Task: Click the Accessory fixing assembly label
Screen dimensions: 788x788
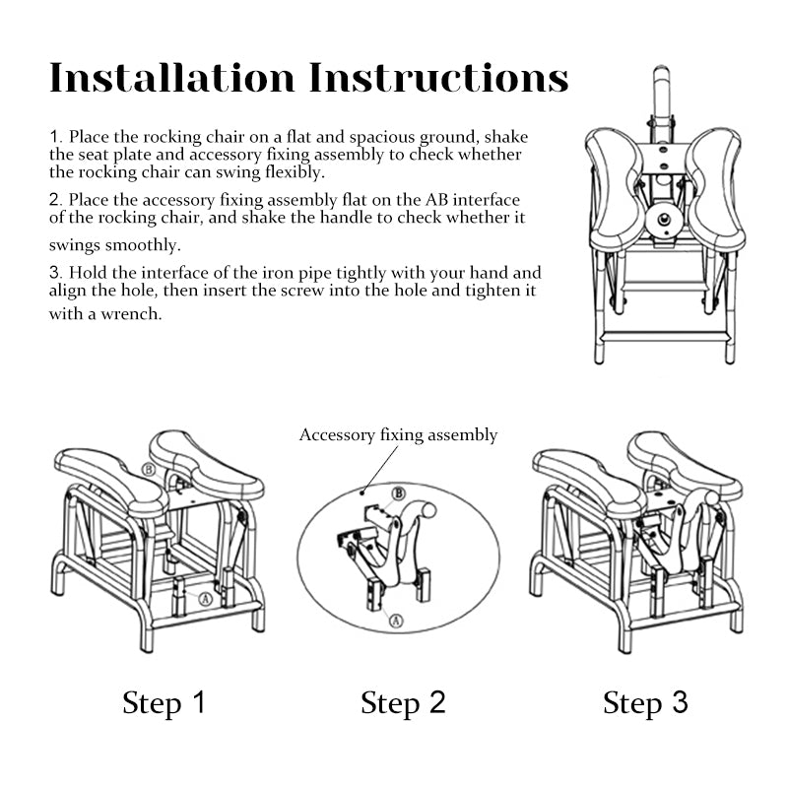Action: pyautogui.click(x=398, y=435)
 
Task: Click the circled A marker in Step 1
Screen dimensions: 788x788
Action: pyautogui.click(x=206, y=597)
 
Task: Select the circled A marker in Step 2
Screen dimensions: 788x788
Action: pyautogui.click(x=394, y=620)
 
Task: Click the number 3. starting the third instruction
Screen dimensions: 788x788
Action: pyautogui.click(x=55, y=273)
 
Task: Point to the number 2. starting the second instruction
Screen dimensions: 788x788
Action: pyautogui.click(x=55, y=200)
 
